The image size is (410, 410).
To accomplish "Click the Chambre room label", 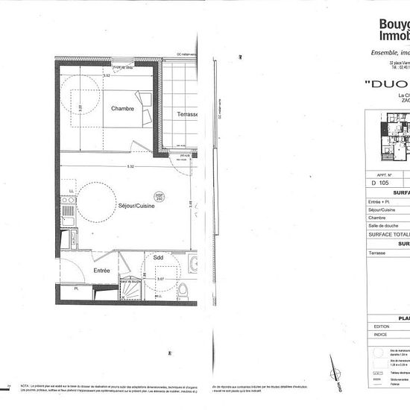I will pos(122,109).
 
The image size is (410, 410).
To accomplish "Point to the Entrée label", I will pos(101,271).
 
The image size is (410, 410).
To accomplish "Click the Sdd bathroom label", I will pos(158,257).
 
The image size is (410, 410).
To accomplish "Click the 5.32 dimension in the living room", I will pos(130,167).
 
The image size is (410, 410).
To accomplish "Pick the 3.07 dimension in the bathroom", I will pos(160,279).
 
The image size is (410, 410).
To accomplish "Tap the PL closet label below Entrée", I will pos(77,287).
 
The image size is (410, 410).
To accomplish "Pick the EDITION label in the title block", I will pos(382,327).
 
